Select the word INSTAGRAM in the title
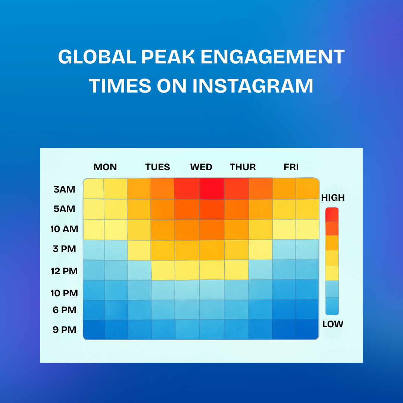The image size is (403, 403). coord(253,86)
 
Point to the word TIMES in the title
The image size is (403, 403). coord(119,86)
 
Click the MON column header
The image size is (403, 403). coord(105,167)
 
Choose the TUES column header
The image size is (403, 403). coord(157,167)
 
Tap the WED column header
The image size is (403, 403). coord(201,167)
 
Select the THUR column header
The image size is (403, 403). coord(243,167)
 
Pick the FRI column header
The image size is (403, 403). coord(291,167)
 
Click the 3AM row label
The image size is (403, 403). coord(64,190)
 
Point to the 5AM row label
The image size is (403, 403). coord(64,209)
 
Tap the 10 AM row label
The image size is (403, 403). coord(64,229)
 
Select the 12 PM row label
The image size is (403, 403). coord(64,271)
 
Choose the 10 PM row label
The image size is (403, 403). coord(64,293)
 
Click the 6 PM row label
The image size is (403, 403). coord(64,310)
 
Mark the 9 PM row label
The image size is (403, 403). coord(64,330)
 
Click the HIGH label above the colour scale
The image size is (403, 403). coord(333,198)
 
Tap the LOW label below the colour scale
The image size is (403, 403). coord(333,324)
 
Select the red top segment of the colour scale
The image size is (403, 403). coord(332,215)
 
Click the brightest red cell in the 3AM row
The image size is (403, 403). coord(212,188)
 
